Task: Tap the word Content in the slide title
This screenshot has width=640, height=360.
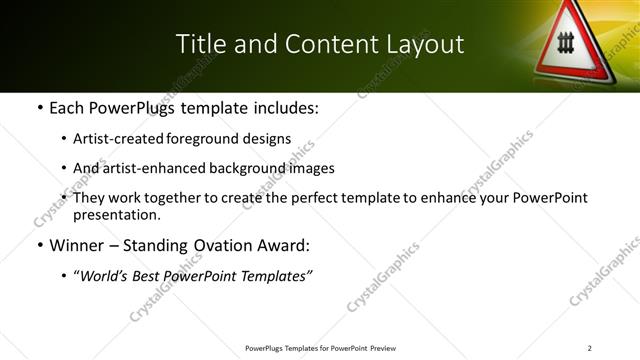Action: (x=325, y=44)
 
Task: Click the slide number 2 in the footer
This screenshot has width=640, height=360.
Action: (x=590, y=348)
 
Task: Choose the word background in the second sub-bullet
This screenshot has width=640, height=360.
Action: (x=227, y=169)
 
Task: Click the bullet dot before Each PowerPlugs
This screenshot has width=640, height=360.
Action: (x=39, y=108)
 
